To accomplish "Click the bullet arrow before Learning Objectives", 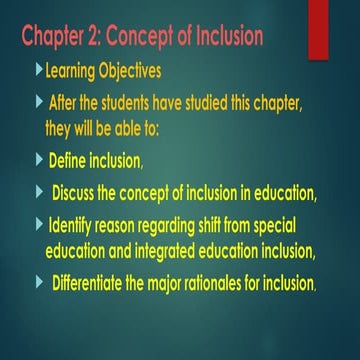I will pos(39,71).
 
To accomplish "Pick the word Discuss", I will pos(82,193).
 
